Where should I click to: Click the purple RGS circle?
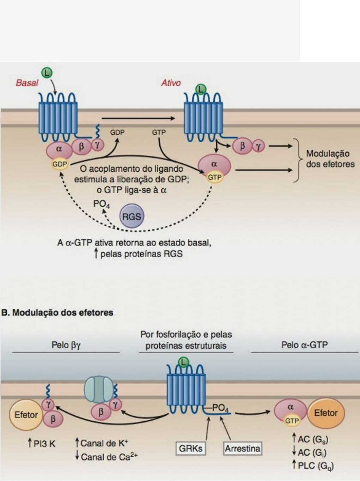click(x=132, y=216)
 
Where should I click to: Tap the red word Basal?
click(x=27, y=83)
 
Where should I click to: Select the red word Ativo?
click(x=171, y=83)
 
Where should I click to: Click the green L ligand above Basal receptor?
click(x=47, y=73)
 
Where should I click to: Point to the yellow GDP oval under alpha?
click(x=60, y=164)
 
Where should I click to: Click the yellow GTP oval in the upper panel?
click(x=214, y=177)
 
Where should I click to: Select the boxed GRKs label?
click(x=191, y=448)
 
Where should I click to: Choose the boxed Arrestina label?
click(x=243, y=448)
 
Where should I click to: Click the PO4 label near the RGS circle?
click(x=101, y=204)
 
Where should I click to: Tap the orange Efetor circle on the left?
click(x=26, y=415)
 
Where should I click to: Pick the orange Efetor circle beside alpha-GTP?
click(x=326, y=413)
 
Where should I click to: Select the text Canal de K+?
click(x=102, y=443)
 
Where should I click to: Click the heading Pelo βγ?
click(x=66, y=345)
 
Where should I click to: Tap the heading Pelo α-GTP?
click(x=304, y=345)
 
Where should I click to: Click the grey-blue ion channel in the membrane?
click(x=99, y=389)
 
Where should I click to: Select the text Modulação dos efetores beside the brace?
click(x=330, y=159)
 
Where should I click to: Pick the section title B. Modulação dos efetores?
click(x=57, y=313)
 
